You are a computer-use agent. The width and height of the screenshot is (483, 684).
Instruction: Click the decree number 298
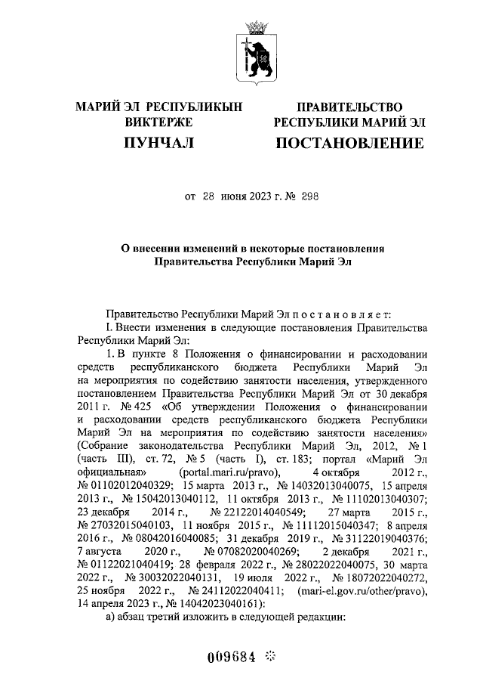309,197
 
